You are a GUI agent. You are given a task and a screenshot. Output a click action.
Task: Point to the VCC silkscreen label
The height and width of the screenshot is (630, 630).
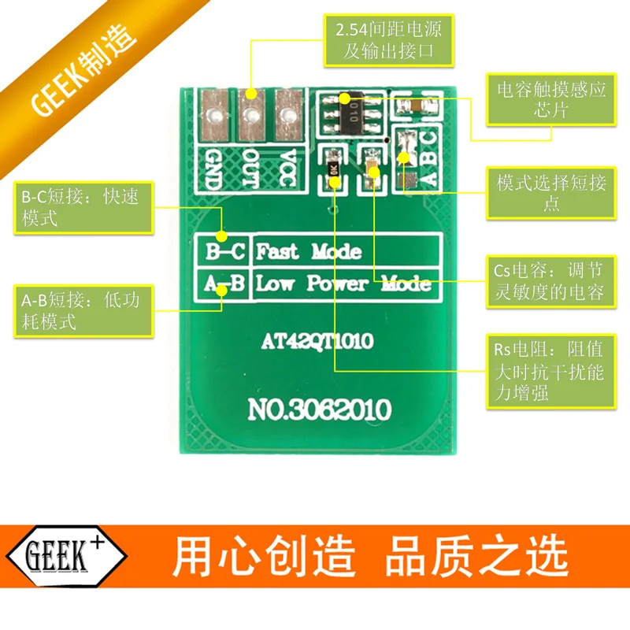[288, 168]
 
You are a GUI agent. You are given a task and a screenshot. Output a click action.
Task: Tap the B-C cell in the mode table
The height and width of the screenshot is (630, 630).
[224, 252]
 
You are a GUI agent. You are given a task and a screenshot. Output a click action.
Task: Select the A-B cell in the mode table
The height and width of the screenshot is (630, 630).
[224, 283]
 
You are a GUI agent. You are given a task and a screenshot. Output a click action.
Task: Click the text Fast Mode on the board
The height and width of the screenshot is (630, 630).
[309, 252]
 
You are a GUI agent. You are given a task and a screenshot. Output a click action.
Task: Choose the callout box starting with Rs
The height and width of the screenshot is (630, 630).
[549, 371]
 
